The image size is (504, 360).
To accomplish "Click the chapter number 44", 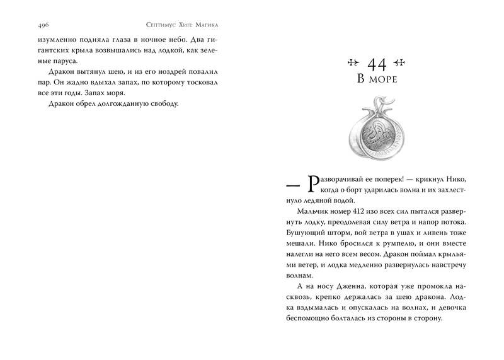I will point(376,64).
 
